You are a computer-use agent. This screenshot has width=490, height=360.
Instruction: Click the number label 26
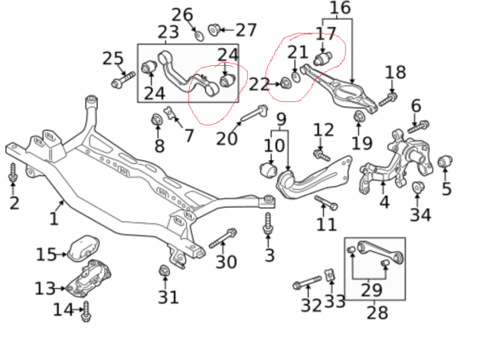point(182,14)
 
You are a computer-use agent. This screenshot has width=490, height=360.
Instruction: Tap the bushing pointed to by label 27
point(215,30)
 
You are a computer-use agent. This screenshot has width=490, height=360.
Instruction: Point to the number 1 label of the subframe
point(54,218)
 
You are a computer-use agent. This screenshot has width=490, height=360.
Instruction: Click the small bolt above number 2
point(13,173)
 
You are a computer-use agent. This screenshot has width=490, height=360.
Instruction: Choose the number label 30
point(226,262)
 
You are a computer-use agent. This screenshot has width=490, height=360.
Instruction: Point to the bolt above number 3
point(269,224)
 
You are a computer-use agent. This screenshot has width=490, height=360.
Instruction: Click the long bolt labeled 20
point(251,116)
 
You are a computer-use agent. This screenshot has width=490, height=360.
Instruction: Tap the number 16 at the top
point(340,9)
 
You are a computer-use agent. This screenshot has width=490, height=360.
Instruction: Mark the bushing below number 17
point(323,58)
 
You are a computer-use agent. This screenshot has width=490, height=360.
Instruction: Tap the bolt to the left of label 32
point(303,286)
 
